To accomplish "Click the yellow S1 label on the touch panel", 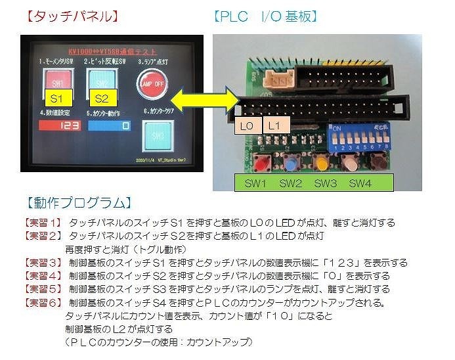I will [56, 99].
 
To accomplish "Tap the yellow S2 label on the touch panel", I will [101, 99].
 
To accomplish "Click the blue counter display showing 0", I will [108, 125].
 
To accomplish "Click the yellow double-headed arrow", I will [196, 100].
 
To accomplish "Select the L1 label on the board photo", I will [275, 125].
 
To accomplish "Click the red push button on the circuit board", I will [262, 162].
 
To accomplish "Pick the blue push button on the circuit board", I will [292, 162].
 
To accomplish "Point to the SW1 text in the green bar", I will [254, 183].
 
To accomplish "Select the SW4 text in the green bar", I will [360, 183].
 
